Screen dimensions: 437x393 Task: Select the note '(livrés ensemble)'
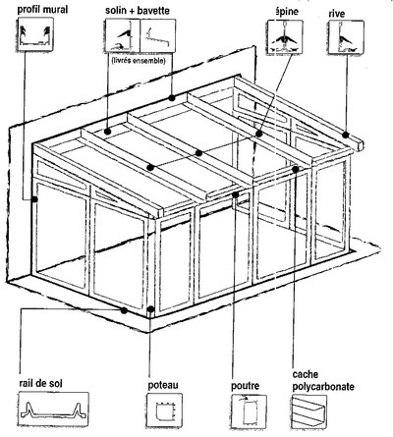[134, 59]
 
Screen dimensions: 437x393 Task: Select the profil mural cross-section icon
[33, 38]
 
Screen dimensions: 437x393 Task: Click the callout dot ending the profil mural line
[34, 199]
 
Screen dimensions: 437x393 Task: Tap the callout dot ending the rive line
[347, 132]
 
